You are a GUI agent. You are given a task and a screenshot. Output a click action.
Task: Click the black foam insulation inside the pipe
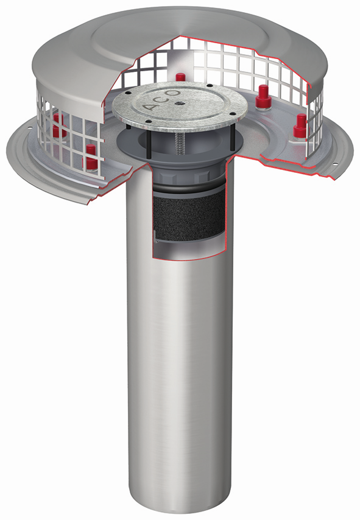click(188, 216)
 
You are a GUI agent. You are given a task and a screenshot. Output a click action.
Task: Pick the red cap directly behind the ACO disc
click(180, 77)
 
